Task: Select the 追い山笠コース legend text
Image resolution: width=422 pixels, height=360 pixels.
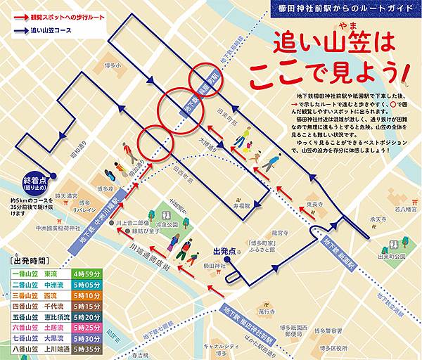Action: coord(62,31)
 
